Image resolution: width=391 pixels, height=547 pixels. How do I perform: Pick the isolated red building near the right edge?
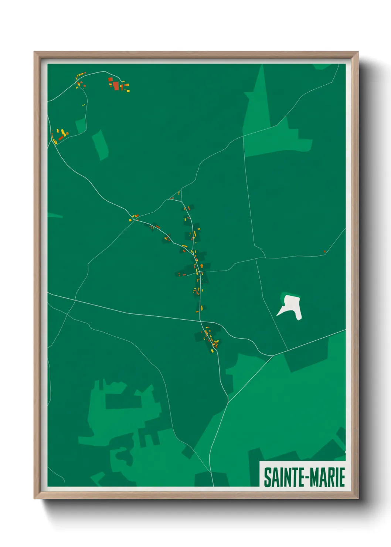coord(324,252)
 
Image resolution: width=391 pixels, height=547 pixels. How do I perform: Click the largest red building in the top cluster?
coord(116,86)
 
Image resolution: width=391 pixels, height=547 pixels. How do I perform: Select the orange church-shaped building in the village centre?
coord(202,266)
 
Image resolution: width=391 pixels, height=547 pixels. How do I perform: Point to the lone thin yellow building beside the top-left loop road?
coord(84,105)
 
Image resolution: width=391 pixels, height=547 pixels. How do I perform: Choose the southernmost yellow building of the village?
coord(212,350)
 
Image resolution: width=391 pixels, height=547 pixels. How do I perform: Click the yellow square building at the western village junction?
coord(130,220)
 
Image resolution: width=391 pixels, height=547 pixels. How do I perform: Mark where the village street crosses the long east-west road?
coord(200,321)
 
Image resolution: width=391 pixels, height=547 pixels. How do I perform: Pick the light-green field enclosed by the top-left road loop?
coord(81,126)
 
